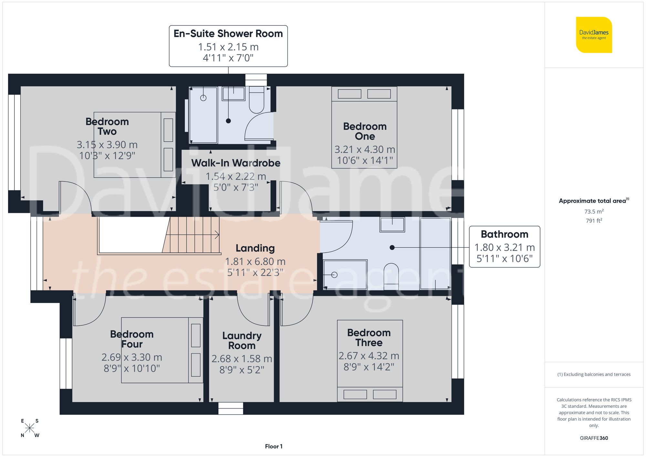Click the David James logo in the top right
pos(594,35)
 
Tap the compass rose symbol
pos(29,428)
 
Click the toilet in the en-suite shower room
pos(256,100)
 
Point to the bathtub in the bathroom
pos(435,254)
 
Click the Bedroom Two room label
pos(107,127)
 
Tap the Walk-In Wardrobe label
pos(235,163)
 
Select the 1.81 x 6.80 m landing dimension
pos(255,261)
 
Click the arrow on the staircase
pos(216,235)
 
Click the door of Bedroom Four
pos(89,310)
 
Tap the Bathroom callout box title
pos(504,234)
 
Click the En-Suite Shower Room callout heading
pos(228,34)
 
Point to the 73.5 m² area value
pos(594,212)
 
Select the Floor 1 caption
pos(274,446)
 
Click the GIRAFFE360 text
pos(594,438)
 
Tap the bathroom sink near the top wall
pos(392,224)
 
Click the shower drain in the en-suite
pos(203,98)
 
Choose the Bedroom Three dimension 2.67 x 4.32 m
pos(369,356)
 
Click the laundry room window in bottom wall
pos(231,408)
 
